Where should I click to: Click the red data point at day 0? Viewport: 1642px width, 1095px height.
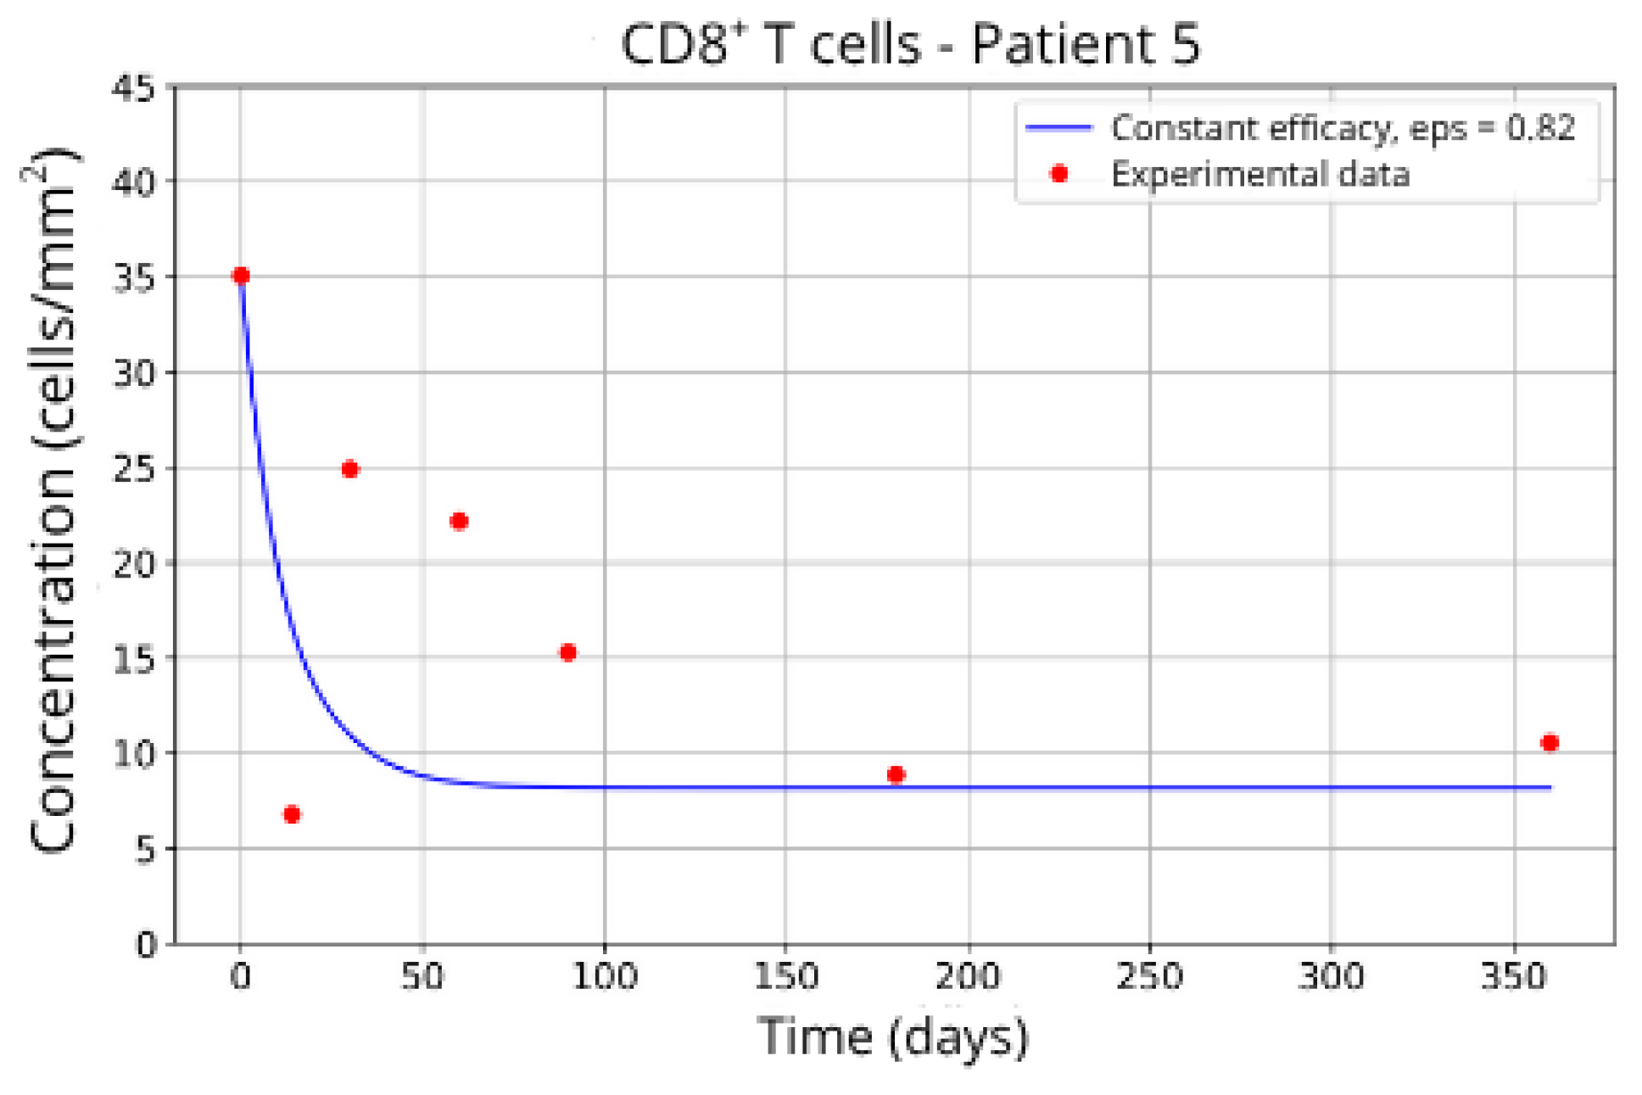[x=241, y=276]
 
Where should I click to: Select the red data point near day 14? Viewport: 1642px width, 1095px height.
[x=292, y=814]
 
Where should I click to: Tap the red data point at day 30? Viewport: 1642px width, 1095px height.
[x=350, y=469]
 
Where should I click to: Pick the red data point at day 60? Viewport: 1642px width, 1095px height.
[x=459, y=521]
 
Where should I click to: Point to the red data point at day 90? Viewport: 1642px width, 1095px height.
[x=568, y=652]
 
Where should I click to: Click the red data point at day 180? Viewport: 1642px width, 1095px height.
[x=896, y=774]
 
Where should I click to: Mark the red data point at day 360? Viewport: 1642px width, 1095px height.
[x=1550, y=742]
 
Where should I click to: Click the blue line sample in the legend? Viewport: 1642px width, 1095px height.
[x=1059, y=128]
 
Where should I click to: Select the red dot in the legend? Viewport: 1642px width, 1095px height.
[x=1058, y=174]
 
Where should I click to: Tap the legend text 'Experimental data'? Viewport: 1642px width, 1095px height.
[x=1260, y=175]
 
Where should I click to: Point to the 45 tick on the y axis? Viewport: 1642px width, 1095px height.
[x=134, y=87]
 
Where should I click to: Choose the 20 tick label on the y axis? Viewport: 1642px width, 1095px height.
[x=134, y=564]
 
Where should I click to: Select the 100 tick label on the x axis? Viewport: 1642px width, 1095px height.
[x=604, y=977]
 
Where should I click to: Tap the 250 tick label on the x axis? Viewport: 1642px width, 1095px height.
[x=1149, y=977]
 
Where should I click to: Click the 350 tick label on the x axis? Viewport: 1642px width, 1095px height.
[x=1513, y=977]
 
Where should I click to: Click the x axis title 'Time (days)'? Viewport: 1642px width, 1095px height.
[x=893, y=1036]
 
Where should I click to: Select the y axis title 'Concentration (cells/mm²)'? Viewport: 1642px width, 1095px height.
[x=51, y=500]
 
